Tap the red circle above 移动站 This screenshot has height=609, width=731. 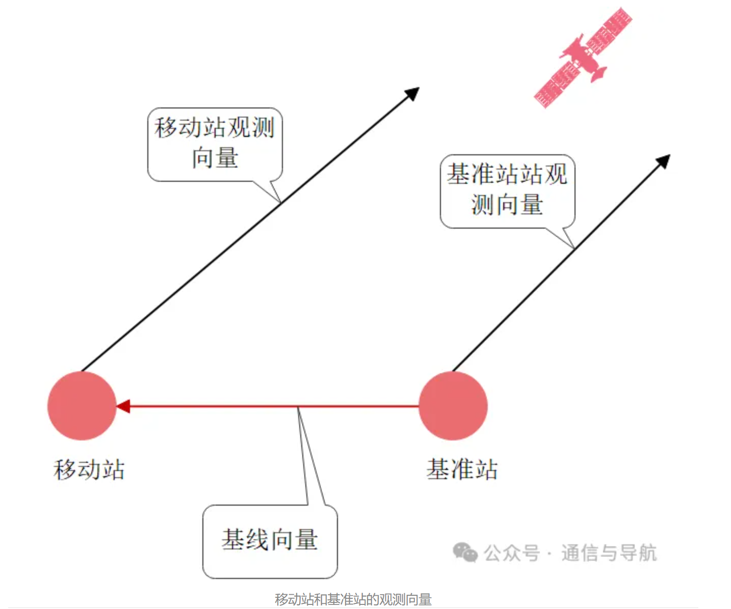point(82,406)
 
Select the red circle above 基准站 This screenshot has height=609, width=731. point(453,406)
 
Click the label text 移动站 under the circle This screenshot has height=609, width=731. point(89,469)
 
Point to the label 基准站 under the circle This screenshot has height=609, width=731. point(462,469)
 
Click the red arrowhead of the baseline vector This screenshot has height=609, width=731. point(123,406)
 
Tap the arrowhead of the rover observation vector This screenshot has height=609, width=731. point(412,93)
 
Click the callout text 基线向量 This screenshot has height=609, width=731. point(270,540)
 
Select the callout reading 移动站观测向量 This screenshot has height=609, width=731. point(215,143)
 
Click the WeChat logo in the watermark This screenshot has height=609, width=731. point(465,552)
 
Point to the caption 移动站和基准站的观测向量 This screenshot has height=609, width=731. point(353,599)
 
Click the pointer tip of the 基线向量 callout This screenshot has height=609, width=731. point(298,408)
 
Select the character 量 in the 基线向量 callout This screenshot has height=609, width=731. point(306,540)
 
